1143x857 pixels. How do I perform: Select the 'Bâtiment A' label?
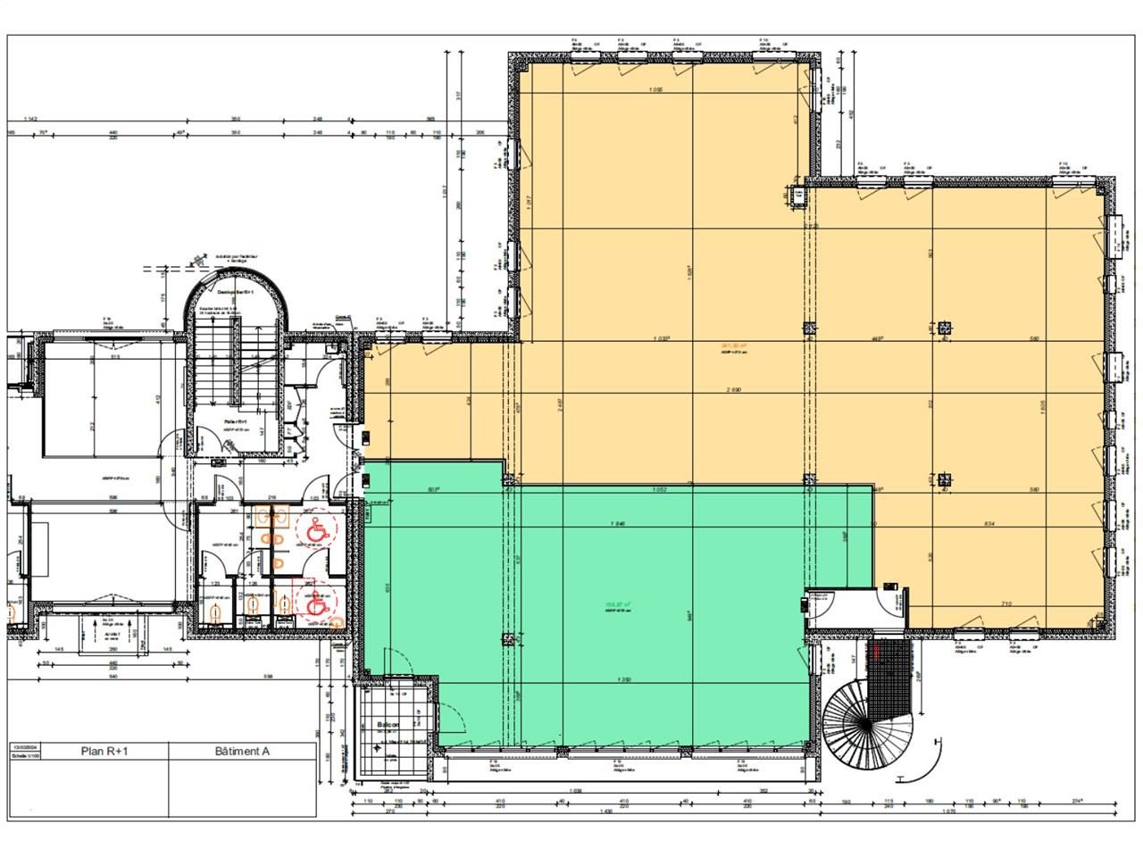[242, 751]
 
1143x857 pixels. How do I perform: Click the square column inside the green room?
[507, 637]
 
